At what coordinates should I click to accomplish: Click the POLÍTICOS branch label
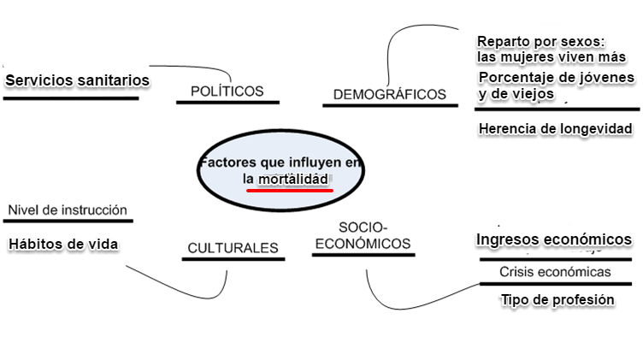click(227, 91)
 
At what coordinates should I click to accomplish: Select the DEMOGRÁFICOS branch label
click(390, 94)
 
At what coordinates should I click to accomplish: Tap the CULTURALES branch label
click(232, 249)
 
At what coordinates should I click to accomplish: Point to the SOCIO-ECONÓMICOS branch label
click(363, 235)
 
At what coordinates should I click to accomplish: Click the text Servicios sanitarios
click(78, 80)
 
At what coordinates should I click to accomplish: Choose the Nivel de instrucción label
click(68, 210)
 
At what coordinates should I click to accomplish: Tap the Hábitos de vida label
click(63, 244)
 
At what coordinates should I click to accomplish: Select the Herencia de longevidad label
click(555, 128)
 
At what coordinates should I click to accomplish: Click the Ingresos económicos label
click(554, 239)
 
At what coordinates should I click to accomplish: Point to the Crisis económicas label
click(556, 272)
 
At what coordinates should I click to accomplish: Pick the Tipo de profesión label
click(557, 299)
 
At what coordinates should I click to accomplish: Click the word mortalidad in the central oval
click(293, 180)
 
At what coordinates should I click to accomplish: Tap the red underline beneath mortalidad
click(289, 191)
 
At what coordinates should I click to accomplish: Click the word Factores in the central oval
click(226, 162)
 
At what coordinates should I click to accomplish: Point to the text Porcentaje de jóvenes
click(557, 78)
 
